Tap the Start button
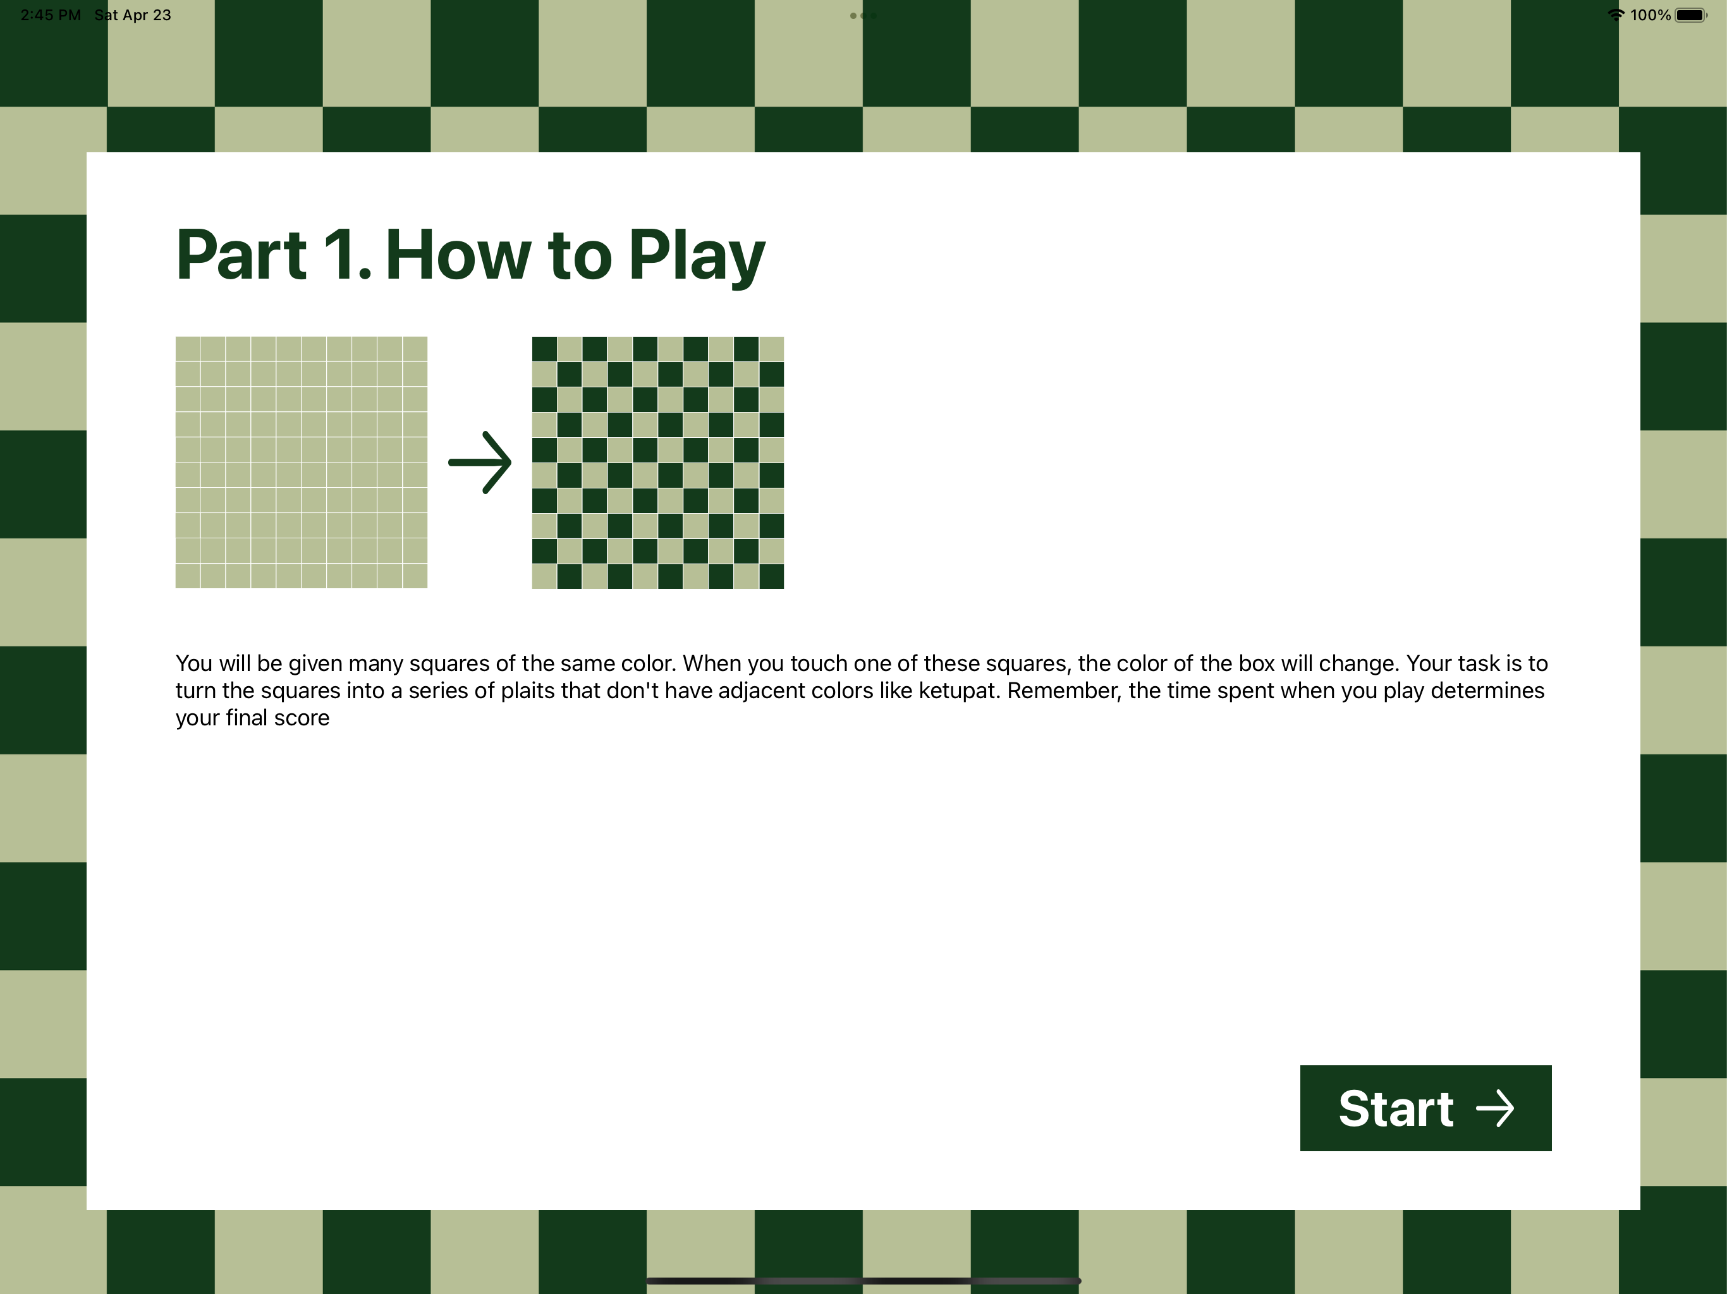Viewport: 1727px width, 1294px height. coord(1425,1108)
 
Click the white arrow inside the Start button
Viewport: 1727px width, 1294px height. coord(1495,1108)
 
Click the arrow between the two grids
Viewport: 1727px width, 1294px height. coord(480,462)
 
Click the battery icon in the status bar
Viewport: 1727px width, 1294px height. coord(1691,15)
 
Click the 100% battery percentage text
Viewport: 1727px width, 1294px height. coord(1651,15)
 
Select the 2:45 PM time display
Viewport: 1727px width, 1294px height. coord(51,15)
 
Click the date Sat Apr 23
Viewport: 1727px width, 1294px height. coord(133,15)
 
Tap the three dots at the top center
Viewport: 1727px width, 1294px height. coord(863,16)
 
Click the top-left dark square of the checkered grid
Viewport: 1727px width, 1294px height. coord(544,349)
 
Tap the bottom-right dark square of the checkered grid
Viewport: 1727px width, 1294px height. coord(771,576)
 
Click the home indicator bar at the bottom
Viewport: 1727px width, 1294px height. coord(863,1281)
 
